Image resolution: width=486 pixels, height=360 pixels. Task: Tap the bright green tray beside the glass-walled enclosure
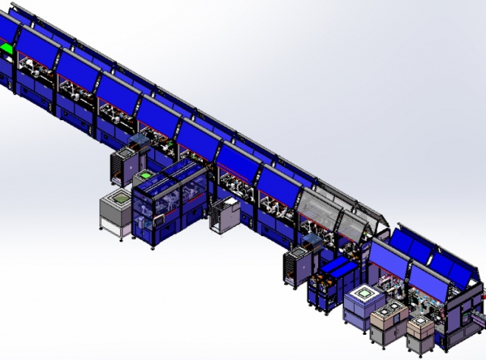[x=144, y=173]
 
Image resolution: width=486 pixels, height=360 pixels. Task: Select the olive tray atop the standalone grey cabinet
[x=116, y=200]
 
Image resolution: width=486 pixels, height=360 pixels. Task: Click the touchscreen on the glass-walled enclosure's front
[x=159, y=218]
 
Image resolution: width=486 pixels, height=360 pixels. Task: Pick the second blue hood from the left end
[x=38, y=46]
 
